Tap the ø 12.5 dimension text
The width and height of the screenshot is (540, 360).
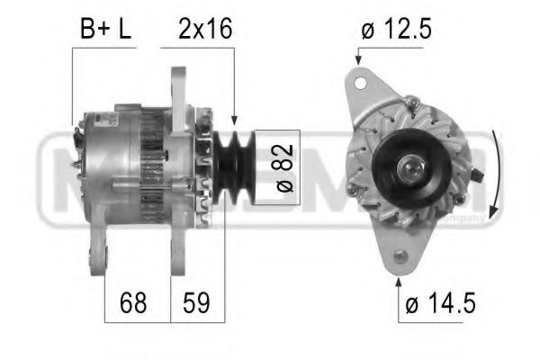pos(396,29)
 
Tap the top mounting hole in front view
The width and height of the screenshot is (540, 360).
pos(361,83)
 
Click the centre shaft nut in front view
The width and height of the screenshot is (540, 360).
pos(417,168)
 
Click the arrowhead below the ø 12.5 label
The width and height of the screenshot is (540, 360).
pos(358,59)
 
